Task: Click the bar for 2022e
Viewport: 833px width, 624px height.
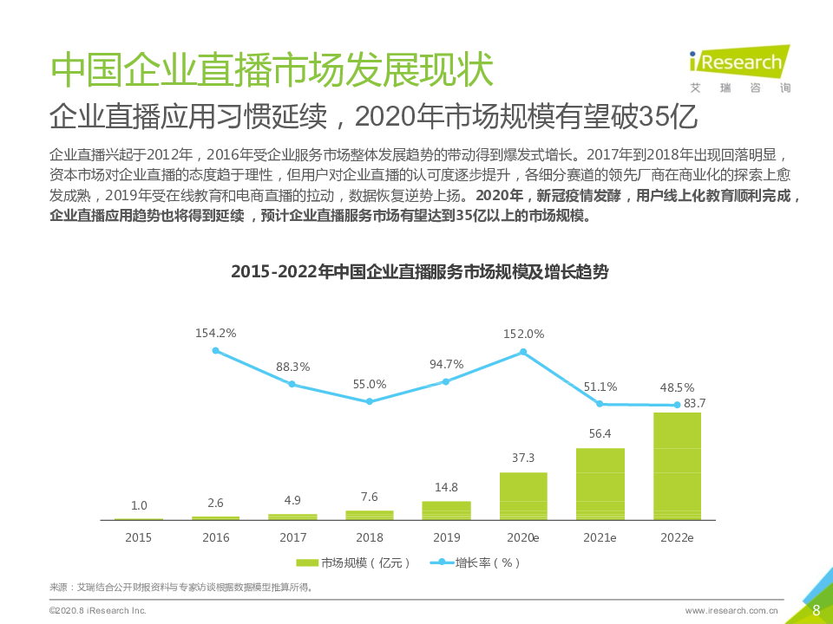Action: [x=677, y=465]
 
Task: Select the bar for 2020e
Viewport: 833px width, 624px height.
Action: [x=523, y=496]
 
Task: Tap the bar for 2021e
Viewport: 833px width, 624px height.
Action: [x=600, y=484]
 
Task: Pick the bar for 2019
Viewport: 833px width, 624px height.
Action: [x=446, y=510]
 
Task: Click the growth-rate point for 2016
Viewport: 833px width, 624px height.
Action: [x=216, y=351]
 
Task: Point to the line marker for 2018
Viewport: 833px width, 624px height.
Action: [x=370, y=401]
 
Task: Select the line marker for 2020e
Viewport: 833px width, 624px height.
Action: [x=523, y=352]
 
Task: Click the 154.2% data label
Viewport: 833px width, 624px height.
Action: [x=215, y=333]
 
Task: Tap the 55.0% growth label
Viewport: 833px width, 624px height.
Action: [x=370, y=384]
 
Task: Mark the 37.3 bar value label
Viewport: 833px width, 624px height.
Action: [x=523, y=458]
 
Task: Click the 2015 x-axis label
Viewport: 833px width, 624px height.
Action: [x=139, y=537]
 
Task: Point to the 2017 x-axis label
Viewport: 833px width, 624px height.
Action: [x=292, y=537]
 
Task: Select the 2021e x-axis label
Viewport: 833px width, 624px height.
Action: [x=600, y=537]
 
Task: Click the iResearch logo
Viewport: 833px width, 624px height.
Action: [x=739, y=68]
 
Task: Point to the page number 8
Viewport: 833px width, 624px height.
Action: [x=816, y=610]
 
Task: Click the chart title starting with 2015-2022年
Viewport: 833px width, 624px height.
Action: [x=419, y=271]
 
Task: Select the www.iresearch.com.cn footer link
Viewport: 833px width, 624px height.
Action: [x=731, y=611]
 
